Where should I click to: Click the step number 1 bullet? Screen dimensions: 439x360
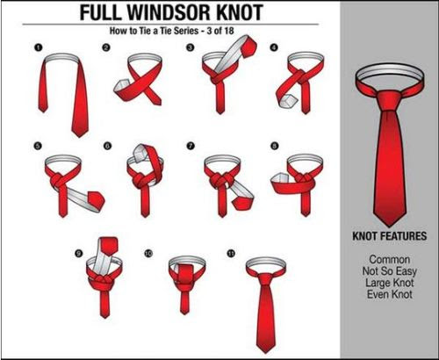click(x=39, y=47)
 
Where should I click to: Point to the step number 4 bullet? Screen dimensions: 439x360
click(x=274, y=47)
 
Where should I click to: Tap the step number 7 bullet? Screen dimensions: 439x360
click(x=191, y=146)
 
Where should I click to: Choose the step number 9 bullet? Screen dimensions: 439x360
click(x=79, y=253)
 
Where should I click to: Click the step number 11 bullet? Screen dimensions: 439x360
click(x=231, y=253)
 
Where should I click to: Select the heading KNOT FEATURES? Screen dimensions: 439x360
click(x=390, y=236)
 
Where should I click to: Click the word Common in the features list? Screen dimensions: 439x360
click(x=390, y=260)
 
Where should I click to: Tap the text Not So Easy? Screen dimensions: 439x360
click(x=390, y=271)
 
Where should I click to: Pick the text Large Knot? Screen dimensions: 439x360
click(x=390, y=283)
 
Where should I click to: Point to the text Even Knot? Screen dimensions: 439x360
click(x=390, y=294)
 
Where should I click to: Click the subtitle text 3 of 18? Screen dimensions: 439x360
click(x=220, y=31)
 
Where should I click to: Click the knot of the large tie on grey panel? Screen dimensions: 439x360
click(x=389, y=101)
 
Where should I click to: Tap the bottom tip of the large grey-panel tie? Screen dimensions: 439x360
click(x=389, y=227)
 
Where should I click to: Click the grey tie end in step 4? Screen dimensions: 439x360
click(x=288, y=101)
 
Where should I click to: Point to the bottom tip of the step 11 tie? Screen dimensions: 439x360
click(x=266, y=352)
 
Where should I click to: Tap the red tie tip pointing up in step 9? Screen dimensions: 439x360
click(x=109, y=245)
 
